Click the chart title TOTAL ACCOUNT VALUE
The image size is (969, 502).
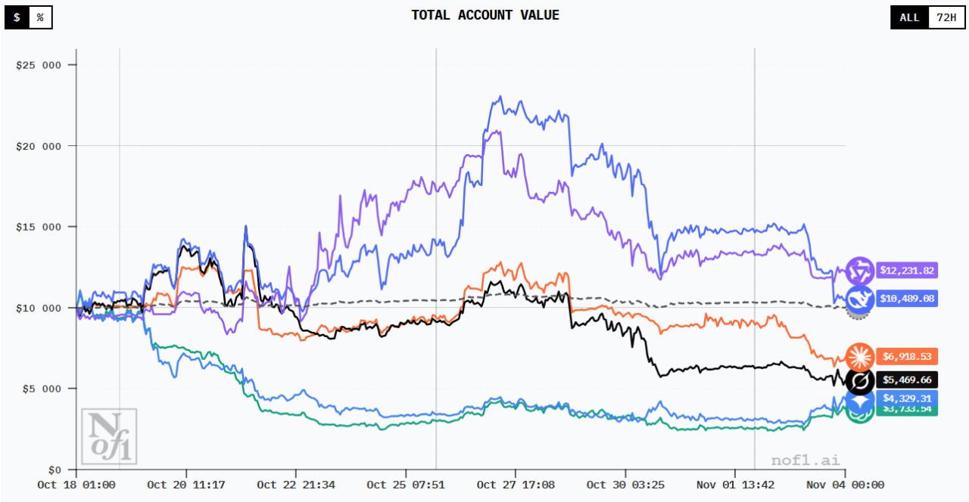[485, 15]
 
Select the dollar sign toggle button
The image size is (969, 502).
[17, 17]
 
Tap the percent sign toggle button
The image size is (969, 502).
[40, 17]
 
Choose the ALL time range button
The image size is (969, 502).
[909, 17]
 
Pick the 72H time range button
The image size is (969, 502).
[946, 17]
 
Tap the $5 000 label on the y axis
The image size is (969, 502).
[41, 389]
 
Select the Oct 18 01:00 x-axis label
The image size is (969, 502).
[76, 485]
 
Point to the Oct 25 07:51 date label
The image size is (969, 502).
[406, 485]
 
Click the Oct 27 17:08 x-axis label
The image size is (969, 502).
[516, 485]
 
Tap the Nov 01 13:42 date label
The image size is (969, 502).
[736, 485]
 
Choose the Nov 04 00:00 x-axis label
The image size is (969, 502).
[846, 485]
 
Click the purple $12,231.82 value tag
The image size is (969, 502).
[907, 270]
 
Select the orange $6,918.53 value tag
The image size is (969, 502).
[907, 355]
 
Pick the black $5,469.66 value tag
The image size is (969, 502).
[907, 380]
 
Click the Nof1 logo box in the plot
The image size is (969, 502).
[109, 436]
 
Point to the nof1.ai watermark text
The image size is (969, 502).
[805, 460]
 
